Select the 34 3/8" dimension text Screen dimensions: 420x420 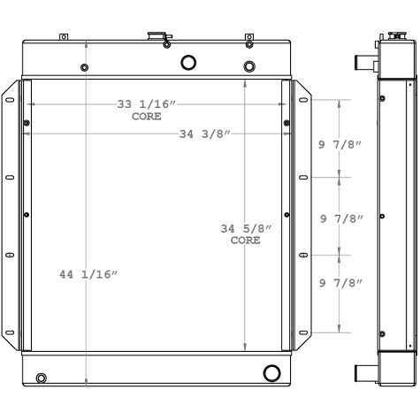click(x=204, y=134)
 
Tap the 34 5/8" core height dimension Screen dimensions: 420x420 click(x=246, y=229)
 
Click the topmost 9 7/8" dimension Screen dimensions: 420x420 click(x=341, y=145)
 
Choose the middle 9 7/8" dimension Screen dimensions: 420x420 click(x=341, y=218)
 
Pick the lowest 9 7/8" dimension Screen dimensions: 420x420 click(x=341, y=282)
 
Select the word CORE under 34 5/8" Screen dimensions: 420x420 click(x=246, y=241)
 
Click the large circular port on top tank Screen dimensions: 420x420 click(x=188, y=62)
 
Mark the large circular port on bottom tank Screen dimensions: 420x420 click(x=271, y=371)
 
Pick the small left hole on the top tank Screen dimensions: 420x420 click(x=83, y=68)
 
